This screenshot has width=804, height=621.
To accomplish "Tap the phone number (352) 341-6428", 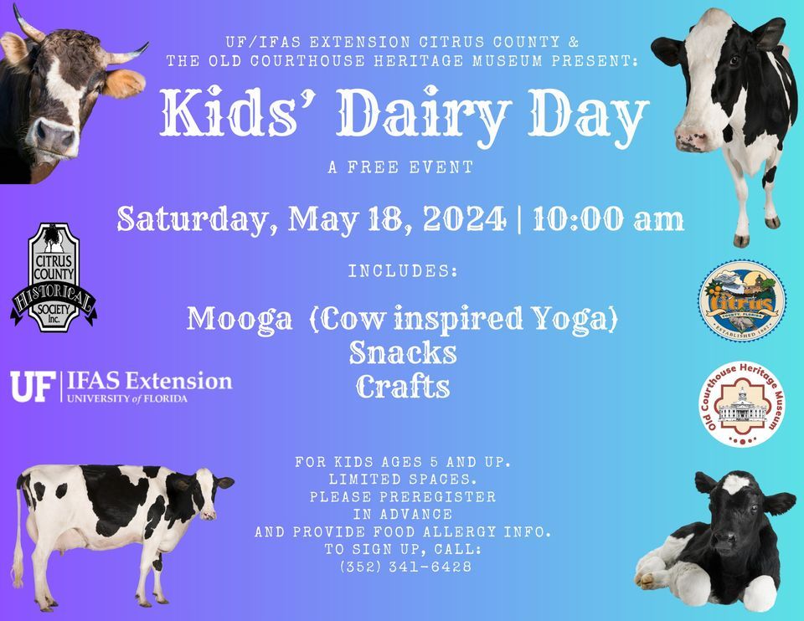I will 405,567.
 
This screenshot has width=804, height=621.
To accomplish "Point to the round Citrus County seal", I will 742,300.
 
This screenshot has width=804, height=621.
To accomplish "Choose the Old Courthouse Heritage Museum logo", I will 742,403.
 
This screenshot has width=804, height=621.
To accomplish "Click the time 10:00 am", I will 608,219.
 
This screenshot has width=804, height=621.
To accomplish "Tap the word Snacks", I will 403,352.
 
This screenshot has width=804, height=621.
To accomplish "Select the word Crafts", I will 403,387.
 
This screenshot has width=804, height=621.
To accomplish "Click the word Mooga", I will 240,319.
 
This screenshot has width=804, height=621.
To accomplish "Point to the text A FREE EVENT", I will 401,168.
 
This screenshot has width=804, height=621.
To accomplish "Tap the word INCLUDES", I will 402,272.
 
